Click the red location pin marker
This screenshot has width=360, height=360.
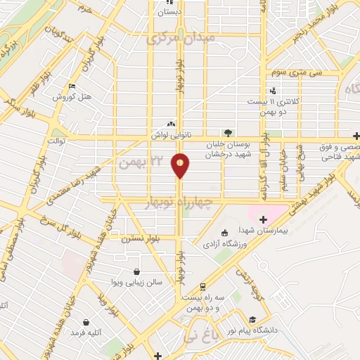pos(180,165)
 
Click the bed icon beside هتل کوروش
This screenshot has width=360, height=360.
pos(72,86)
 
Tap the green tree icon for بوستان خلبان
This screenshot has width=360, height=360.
pos(226,131)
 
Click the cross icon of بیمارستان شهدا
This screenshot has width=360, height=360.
pos(263,219)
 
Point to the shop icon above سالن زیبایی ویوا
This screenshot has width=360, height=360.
pos(136,271)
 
